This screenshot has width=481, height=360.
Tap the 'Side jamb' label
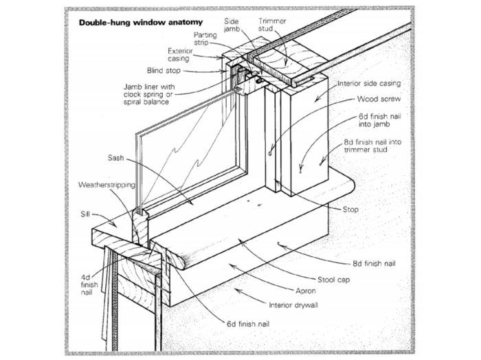232,25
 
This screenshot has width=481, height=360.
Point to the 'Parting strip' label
205,38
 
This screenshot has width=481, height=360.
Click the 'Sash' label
115,159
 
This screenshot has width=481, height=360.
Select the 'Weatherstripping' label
107,185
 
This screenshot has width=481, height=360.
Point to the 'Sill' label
87,214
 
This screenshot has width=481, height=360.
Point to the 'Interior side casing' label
369,83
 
